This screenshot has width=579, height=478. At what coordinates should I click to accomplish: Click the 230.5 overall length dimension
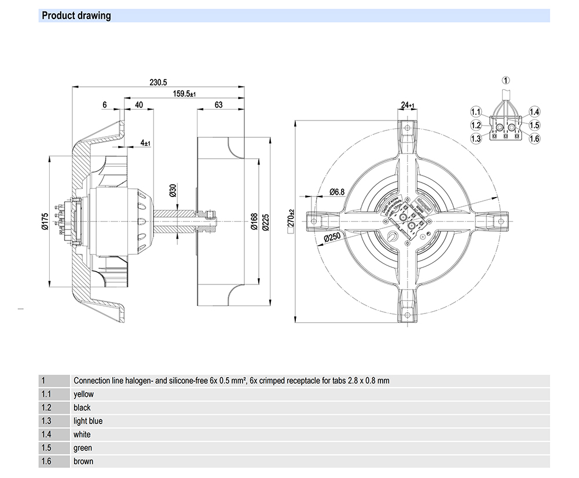click(158, 82)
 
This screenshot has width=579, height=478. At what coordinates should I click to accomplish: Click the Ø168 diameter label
click(254, 222)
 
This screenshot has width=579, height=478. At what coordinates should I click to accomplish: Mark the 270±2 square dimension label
click(291, 220)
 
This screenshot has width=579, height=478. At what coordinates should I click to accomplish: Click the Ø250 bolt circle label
click(331, 238)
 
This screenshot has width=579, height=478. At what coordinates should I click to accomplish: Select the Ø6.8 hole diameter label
click(337, 191)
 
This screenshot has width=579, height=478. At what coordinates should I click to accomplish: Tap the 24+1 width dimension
click(408, 105)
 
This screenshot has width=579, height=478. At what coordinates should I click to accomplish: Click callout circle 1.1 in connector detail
click(476, 112)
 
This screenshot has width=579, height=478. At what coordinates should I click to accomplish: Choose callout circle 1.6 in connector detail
click(534, 138)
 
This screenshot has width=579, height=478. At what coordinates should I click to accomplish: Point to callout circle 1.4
click(534, 112)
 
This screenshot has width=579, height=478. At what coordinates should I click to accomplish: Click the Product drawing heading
click(76, 16)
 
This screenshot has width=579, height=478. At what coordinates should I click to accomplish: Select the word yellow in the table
click(83, 394)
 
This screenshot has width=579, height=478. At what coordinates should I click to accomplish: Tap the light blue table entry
click(88, 421)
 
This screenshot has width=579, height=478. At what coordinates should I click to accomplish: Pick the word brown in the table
click(83, 462)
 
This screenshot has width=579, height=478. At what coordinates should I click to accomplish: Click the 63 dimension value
click(219, 105)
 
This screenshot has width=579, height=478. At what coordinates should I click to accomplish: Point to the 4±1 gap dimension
click(145, 143)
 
